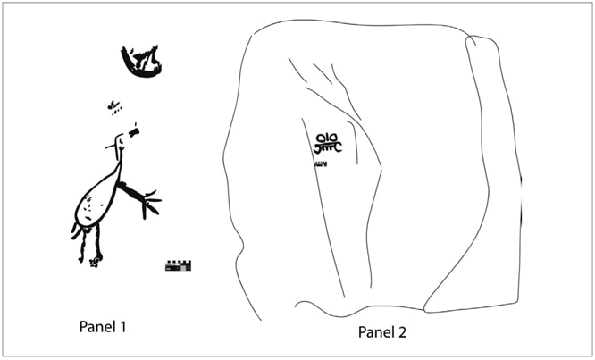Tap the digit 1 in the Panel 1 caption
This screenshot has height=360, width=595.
click(x=123, y=326)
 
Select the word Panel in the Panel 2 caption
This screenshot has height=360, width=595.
click(x=377, y=332)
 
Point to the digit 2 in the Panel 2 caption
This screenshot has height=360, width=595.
click(x=402, y=332)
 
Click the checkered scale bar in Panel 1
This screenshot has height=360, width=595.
click(x=178, y=265)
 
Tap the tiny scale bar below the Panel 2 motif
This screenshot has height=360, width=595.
click(x=321, y=164)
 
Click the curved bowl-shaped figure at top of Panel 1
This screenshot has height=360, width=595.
click(x=142, y=62)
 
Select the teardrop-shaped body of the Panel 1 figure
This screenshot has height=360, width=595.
click(x=98, y=197)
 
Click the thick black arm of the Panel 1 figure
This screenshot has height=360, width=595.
click(x=130, y=190)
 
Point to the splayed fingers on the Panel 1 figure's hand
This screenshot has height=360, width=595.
click(x=151, y=204)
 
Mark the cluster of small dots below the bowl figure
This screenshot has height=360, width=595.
click(x=113, y=107)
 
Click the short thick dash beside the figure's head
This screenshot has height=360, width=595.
click(x=134, y=131)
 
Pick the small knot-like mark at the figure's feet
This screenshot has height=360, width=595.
click(x=94, y=262)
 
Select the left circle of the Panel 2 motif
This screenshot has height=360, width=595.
click(x=321, y=138)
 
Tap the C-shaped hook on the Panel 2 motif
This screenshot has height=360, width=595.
click(x=338, y=147)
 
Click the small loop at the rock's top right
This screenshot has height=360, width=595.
click(x=472, y=40)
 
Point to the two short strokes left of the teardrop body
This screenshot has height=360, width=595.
click(x=76, y=231)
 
